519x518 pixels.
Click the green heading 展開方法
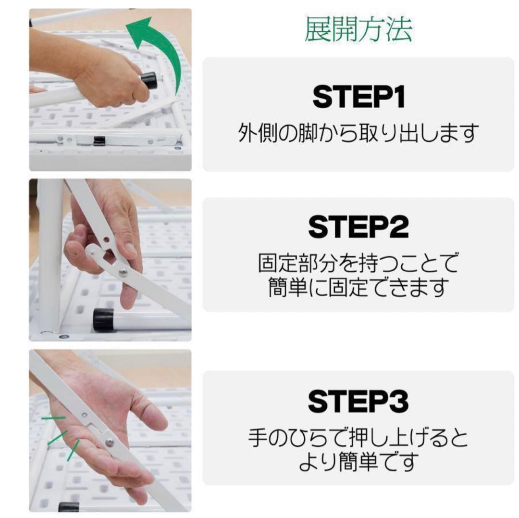click(358, 30)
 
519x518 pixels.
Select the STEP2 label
click(358, 227)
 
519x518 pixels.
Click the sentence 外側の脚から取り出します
click(358, 133)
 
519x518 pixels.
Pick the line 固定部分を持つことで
click(358, 263)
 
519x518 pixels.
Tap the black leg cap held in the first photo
click(149, 80)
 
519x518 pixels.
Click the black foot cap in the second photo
click(103, 319)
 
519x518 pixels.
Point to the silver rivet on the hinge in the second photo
click(124, 273)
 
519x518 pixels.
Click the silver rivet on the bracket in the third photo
click(110, 442)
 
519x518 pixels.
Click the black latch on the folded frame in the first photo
click(99, 141)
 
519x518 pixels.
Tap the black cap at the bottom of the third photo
click(69, 507)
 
